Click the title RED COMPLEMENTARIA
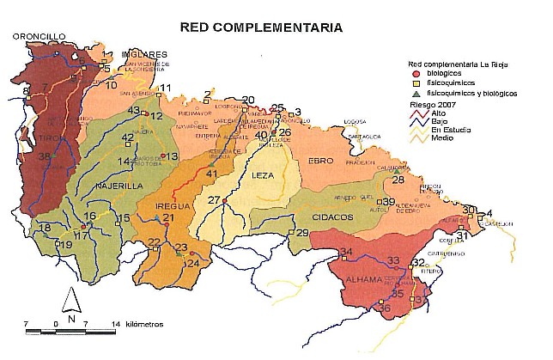coord(261,27)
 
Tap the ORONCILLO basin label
coord(39,37)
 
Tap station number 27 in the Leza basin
coord(214,200)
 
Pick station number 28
coord(398,180)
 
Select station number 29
coord(301,233)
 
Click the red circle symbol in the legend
coord(414,74)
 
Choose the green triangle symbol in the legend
coord(414,93)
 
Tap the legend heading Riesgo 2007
coord(431,103)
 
